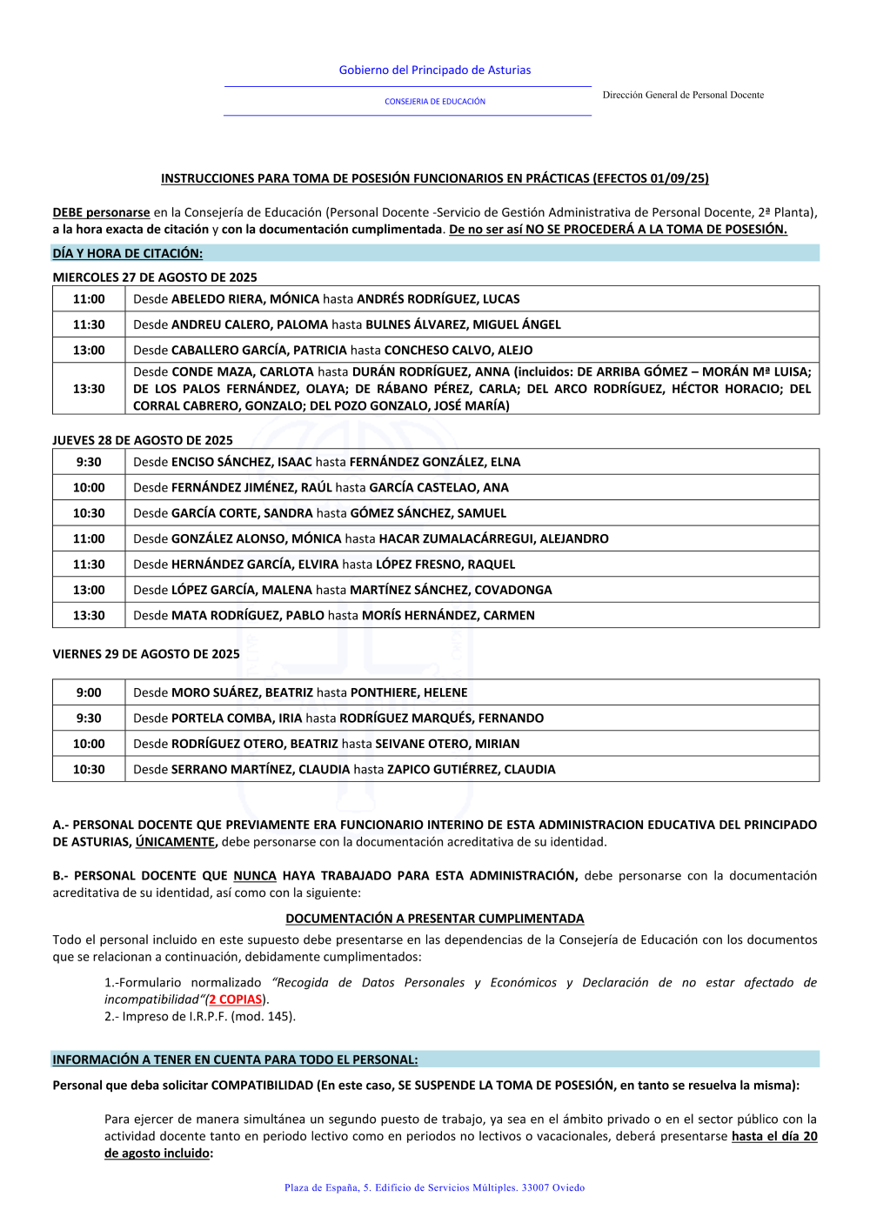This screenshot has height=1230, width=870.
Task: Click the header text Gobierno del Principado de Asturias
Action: (434, 70)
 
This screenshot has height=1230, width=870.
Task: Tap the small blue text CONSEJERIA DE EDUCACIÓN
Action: (435, 102)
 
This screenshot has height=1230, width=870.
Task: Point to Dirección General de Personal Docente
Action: (683, 95)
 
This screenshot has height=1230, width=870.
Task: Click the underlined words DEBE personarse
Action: (101, 212)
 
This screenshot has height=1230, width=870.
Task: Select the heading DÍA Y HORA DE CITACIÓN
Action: (127, 253)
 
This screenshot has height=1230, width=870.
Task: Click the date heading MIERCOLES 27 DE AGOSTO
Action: (155, 277)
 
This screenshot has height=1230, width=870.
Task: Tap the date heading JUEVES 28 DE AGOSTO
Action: (143, 440)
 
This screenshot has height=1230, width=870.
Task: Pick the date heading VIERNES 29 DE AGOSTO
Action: (146, 654)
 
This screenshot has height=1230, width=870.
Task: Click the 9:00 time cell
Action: (89, 692)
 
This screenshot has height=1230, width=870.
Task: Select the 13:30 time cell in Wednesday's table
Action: (89, 389)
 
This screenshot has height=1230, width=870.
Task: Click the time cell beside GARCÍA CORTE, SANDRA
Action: (89, 513)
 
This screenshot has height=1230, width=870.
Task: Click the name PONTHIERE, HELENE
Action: (409, 692)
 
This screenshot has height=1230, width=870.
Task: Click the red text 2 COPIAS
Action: (235, 999)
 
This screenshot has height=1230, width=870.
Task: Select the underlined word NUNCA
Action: (255, 876)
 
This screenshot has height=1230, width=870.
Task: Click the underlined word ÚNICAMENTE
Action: (175, 842)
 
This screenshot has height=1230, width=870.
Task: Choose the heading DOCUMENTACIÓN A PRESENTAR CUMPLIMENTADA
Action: (435, 919)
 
